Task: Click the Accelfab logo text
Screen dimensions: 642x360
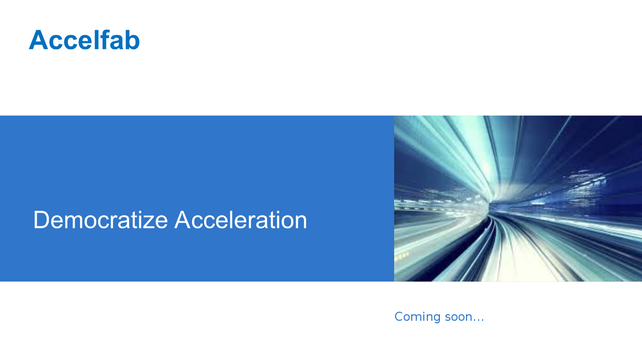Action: [84, 40]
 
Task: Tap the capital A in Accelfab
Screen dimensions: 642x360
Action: [38, 40]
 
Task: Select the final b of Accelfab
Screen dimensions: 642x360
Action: [132, 40]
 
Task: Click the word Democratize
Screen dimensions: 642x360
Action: [101, 220]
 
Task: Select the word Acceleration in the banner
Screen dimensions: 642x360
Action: [241, 220]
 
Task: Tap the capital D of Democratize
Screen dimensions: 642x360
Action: [41, 220]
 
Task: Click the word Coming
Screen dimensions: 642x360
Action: [418, 317]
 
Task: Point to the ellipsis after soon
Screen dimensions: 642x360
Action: [478, 320]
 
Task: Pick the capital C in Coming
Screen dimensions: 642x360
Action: [399, 316]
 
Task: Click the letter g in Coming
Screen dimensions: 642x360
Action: [436, 318]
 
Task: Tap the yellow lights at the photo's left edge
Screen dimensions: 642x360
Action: [402, 255]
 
